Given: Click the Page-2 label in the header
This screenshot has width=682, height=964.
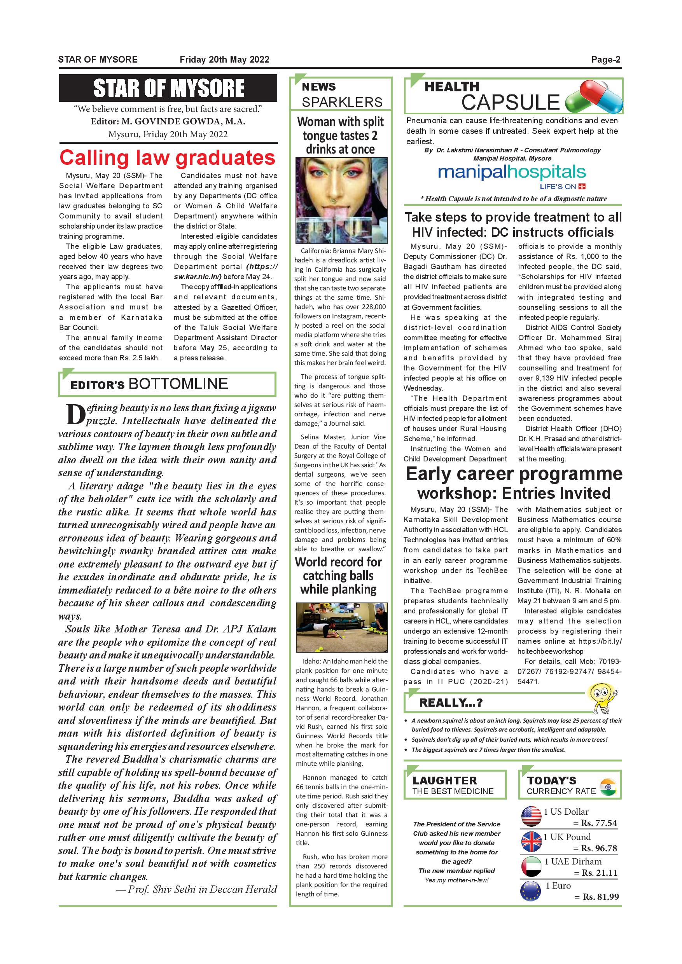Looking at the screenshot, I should point(605,59).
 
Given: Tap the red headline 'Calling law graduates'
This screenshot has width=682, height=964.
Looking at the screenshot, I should point(167,158).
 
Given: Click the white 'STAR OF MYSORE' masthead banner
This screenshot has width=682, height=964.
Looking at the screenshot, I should point(168,88).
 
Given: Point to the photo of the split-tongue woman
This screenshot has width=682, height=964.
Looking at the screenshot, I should point(341,201).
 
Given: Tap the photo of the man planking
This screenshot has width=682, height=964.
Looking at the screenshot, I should point(341,627).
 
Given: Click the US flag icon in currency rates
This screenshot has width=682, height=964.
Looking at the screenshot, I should point(531,817).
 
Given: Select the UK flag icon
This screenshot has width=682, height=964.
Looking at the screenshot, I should point(531,842).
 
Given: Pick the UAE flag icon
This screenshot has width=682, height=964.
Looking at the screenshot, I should point(531,866).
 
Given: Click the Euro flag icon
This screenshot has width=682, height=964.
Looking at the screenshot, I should point(530,891).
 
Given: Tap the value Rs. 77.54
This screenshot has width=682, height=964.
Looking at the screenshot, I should point(599,823).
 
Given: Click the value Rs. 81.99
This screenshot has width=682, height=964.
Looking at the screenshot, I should point(600,897).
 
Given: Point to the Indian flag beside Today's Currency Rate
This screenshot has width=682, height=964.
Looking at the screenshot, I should point(608,787).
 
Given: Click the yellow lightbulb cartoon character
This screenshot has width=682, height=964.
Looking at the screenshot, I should point(603,697).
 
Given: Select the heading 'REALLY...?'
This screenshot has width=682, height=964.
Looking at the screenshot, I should point(451,702).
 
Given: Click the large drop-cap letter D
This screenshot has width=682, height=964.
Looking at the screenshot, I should point(75,414).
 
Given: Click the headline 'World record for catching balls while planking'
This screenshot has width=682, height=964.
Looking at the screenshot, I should point(339,576).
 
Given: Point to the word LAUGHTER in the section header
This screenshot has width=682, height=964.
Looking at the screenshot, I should point(444,781).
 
